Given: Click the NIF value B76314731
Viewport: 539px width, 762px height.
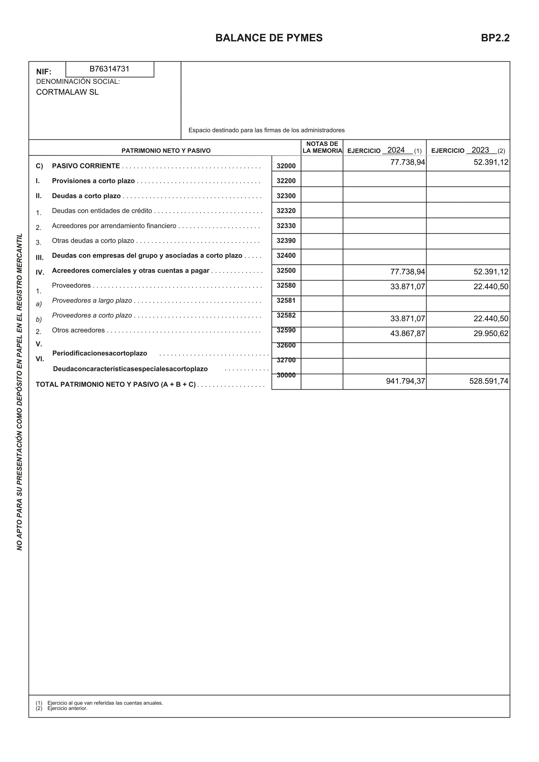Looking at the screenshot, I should coord(109,69).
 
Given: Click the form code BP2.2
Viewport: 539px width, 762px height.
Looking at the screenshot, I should coord(495,38).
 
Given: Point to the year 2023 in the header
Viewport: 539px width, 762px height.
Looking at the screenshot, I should coord(480,150).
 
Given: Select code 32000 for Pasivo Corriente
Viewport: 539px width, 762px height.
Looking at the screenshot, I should coord(286,166).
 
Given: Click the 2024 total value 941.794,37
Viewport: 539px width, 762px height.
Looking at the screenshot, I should coord(405,381).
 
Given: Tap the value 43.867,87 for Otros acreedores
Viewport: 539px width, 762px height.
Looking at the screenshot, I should coord(407,334).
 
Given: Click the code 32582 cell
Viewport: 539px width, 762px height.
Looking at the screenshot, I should coord(286,315).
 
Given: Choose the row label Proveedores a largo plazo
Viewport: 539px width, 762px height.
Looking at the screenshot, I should coord(92,300).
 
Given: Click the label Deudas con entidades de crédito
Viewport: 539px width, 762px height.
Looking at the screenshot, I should coord(102,211).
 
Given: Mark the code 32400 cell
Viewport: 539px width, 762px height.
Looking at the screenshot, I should coord(286,256).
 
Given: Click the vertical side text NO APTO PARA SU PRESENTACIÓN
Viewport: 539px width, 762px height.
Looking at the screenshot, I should coord(20,392).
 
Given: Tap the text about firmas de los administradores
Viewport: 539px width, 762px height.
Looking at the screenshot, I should coord(266,130).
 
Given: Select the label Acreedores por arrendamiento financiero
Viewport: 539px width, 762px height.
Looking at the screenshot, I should coord(114,226).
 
